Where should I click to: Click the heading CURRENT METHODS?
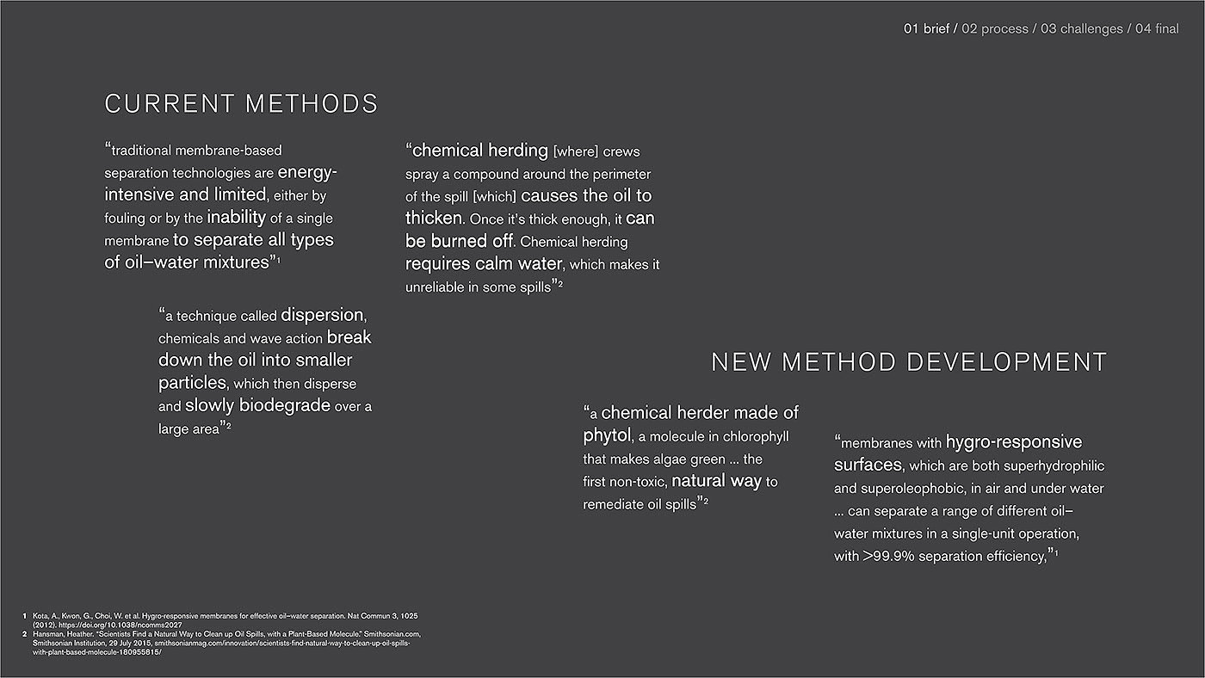tap(241, 104)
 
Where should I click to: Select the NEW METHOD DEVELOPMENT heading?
tap(909, 362)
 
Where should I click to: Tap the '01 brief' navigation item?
tap(926, 29)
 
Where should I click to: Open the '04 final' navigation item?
tap(1157, 29)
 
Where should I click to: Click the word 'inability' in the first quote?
tap(236, 218)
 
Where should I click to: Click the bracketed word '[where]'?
tap(575, 151)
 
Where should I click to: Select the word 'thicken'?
tap(434, 219)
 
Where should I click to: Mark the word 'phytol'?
tap(607, 436)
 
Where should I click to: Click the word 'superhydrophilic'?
tap(1050, 465)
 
